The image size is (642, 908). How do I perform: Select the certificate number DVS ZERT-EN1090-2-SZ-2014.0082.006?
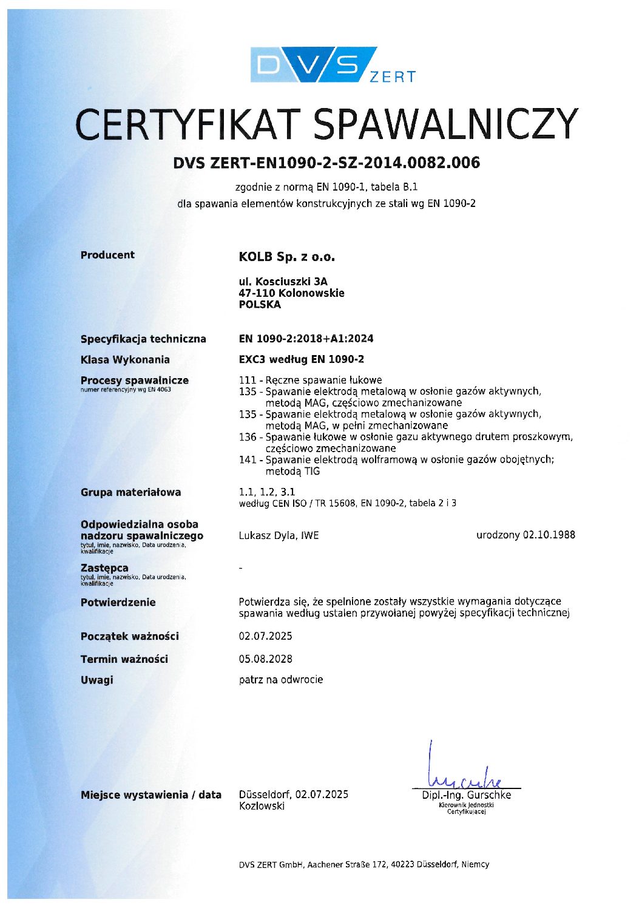click(326, 163)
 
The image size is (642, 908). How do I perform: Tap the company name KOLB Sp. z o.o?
click(287, 257)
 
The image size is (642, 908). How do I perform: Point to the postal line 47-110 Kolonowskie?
click(291, 293)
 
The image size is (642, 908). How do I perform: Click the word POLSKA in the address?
click(260, 305)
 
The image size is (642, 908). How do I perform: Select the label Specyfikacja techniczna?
click(143, 339)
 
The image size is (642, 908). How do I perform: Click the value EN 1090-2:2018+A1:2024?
click(306, 339)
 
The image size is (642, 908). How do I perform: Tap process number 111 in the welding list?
click(248, 380)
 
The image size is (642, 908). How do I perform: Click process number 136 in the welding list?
click(248, 437)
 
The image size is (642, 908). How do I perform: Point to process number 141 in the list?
click(248, 459)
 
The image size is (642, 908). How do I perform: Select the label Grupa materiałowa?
click(130, 492)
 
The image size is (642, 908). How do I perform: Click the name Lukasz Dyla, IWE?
click(279, 535)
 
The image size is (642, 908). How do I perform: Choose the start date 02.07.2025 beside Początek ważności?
click(265, 636)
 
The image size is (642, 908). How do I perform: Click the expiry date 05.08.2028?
click(265, 659)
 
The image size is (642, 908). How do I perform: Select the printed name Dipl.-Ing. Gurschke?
click(466, 795)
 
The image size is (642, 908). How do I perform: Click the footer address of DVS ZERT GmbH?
click(363, 864)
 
